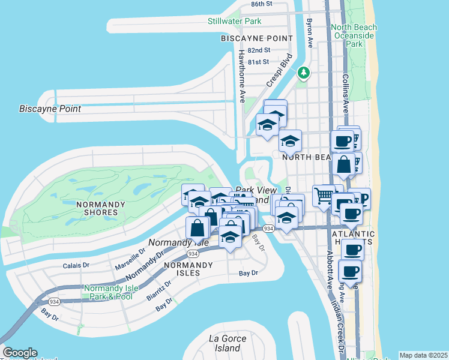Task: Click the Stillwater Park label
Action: pos(235,22)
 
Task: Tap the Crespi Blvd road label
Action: pos(283,69)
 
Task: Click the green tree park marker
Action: pos(304,73)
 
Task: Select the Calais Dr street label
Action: pos(76,265)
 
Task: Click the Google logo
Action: pos(20,353)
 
